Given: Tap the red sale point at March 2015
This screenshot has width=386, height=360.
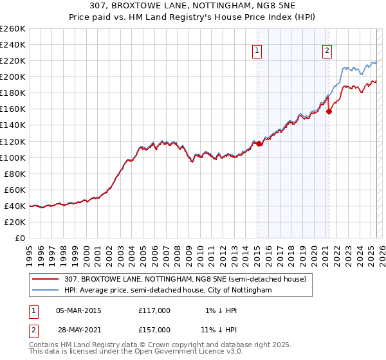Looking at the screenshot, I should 259,144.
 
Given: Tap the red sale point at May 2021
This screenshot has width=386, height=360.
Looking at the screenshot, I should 329,111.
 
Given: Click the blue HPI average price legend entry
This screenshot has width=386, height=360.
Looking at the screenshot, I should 168,291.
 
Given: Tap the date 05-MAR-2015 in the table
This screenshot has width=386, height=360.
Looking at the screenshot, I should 78,310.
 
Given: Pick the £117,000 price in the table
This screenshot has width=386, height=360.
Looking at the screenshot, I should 154,310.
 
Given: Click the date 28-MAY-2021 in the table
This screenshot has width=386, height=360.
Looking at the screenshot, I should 78,329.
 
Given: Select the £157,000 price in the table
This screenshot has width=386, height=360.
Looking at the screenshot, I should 154,329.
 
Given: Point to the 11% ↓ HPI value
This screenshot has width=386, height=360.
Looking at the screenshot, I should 216,329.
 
